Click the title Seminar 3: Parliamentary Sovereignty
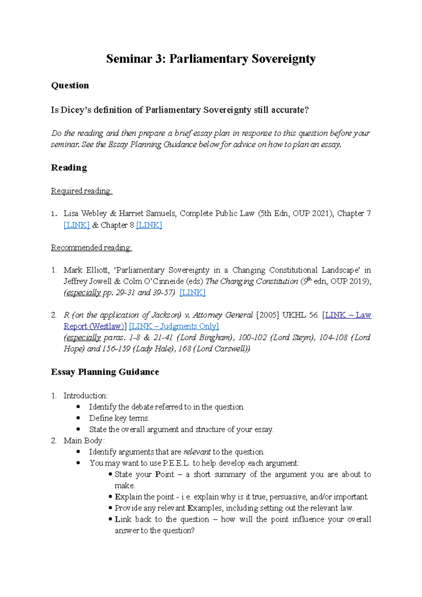[x=211, y=59]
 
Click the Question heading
[x=70, y=85]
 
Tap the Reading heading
[x=69, y=168]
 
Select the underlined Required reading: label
[x=82, y=191]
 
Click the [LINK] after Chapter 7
[x=77, y=225]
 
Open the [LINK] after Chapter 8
[x=149, y=225]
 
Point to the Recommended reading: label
[x=91, y=248]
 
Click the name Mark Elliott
[x=86, y=270]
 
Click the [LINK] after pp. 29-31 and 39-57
[x=192, y=293]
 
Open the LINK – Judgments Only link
[x=174, y=326]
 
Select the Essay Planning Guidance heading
[x=105, y=372]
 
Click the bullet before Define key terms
[x=78, y=418]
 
